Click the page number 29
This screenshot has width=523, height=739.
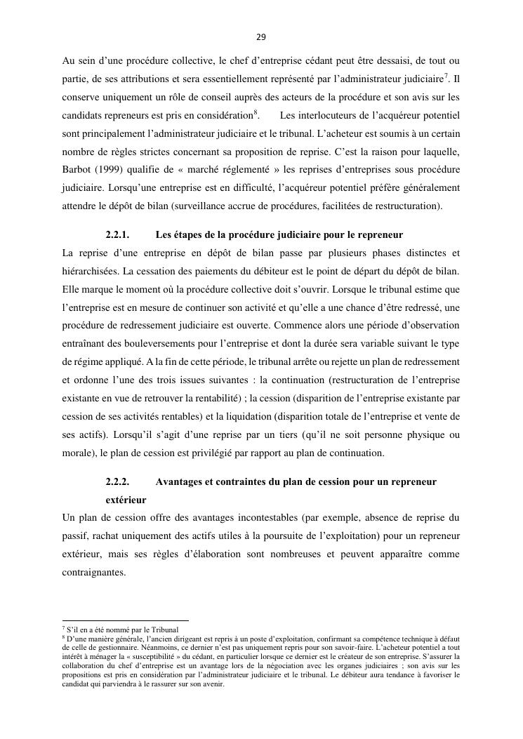pos(261,37)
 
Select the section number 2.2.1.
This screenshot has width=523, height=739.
pos(117,234)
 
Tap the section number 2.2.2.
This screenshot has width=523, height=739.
pos(117,481)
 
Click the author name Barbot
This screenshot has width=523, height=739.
pos(77,170)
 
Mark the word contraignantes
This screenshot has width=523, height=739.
pos(94,573)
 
